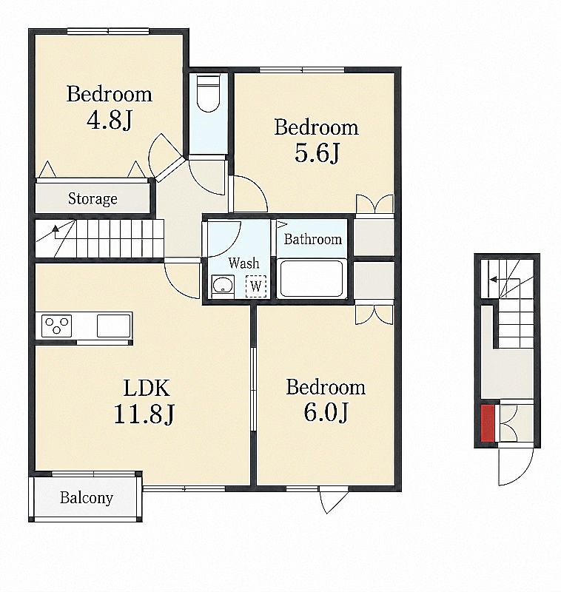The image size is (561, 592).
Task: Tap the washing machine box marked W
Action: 256,286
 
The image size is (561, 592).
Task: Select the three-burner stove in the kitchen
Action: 57,326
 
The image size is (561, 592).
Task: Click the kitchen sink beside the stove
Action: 114,326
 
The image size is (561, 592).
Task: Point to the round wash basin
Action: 223,285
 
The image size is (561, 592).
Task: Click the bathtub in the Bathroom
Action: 312,278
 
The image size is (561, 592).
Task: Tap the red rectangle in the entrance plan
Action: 488,423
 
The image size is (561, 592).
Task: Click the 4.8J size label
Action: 110,121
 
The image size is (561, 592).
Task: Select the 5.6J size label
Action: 317,153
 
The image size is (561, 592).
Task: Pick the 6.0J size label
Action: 326,413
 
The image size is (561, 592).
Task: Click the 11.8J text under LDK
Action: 144,414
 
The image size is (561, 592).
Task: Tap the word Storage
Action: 93,198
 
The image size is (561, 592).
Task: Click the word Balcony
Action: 87,498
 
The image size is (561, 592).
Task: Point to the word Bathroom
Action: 312,239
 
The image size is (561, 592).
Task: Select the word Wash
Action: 244,263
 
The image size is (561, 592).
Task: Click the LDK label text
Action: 147,388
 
